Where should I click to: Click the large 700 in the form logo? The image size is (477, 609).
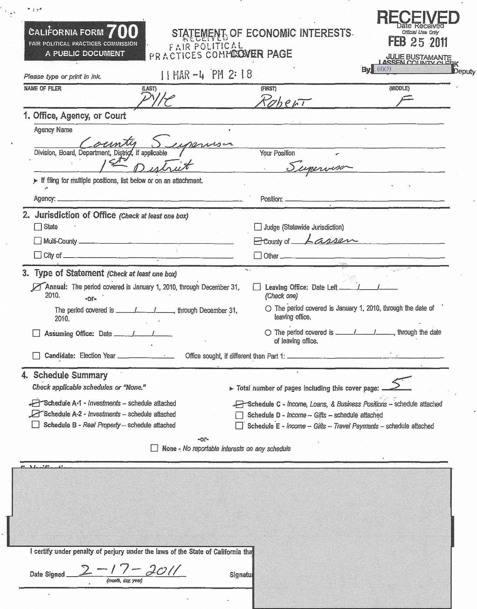[122, 32]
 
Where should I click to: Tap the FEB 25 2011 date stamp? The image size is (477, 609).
[418, 42]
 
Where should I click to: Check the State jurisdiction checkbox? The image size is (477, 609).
[38, 227]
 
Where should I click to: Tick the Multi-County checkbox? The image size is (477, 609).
[38, 241]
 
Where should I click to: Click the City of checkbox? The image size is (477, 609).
[38, 255]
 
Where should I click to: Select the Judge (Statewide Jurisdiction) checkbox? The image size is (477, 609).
[258, 227]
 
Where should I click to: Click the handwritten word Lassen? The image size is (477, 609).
[331, 241]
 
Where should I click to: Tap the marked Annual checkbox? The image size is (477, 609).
[37, 287]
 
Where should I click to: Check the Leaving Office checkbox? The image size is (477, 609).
[257, 287]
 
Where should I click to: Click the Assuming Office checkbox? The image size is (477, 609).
[36, 333]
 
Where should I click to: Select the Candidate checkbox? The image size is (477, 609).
[36, 356]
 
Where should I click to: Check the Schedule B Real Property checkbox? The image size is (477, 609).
[36, 425]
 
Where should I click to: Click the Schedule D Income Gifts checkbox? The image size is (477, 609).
[239, 415]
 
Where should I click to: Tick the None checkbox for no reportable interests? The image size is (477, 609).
[154, 448]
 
